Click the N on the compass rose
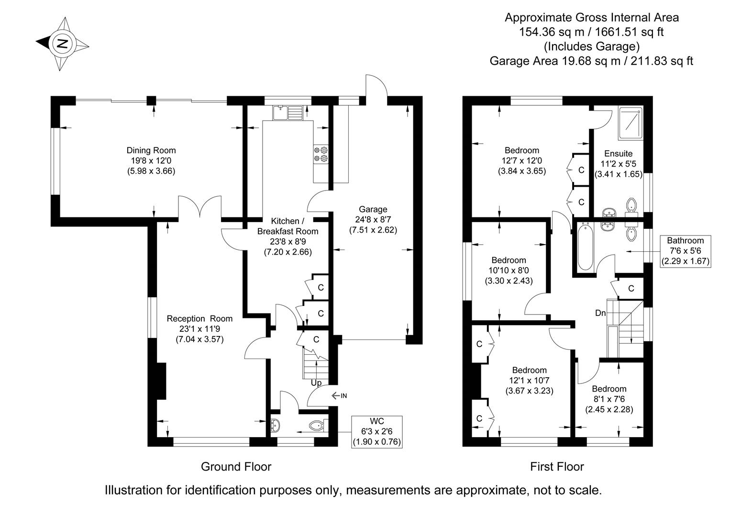click(62, 43)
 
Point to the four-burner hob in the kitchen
click(321, 154)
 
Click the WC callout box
click(377, 431)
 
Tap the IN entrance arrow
click(339, 396)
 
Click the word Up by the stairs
click(316, 383)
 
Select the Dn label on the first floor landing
click(600, 313)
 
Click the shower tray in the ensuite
click(630, 123)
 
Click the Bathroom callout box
click(686, 251)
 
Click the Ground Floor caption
click(236, 467)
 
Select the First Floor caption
click(557, 467)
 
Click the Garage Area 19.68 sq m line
click(591, 61)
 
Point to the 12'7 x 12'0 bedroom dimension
click(522, 160)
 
